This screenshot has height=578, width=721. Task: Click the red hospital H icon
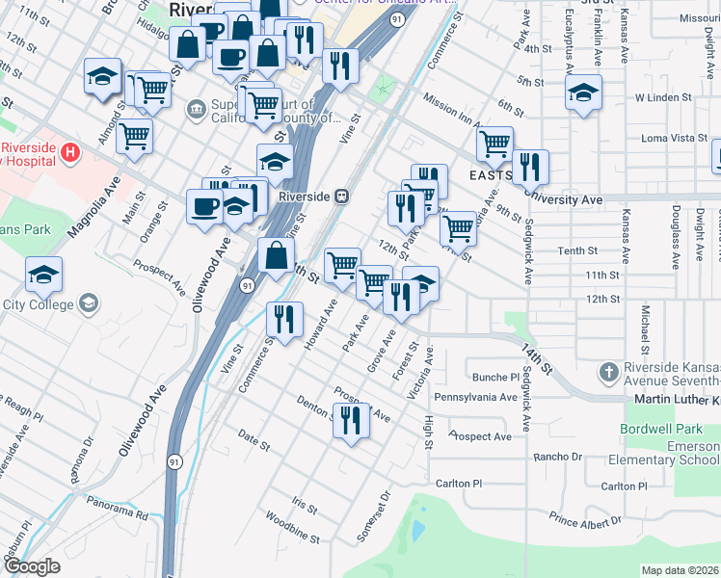tap(69, 151)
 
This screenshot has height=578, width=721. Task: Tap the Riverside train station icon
tap(341, 196)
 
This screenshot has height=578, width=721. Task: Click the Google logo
tap(32, 567)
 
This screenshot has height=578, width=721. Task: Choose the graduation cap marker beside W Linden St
tap(583, 93)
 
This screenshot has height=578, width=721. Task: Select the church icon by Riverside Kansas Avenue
tap(608, 371)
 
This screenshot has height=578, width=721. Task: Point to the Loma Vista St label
tap(674, 138)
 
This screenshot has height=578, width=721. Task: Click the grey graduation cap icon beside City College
tap(88, 304)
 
